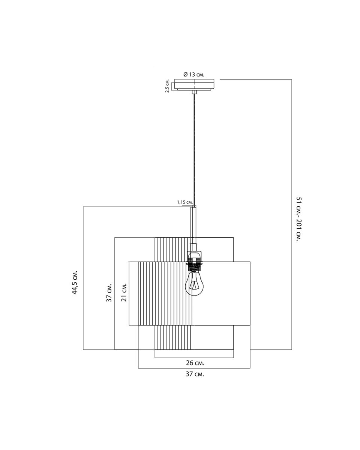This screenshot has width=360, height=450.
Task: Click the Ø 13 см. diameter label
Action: tap(194, 75)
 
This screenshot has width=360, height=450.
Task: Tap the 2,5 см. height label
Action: tap(167, 86)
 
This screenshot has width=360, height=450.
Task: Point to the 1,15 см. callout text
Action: tap(185, 202)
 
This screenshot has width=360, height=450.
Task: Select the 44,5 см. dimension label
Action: tap(75, 282)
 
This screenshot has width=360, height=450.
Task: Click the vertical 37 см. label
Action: tap(109, 293)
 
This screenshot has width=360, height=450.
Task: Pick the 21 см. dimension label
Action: tap(124, 292)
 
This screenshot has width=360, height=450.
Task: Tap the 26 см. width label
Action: tap(195, 363)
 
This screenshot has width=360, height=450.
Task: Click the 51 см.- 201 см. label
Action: tap(299, 219)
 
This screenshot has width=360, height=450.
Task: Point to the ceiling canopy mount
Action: tap(194, 85)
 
